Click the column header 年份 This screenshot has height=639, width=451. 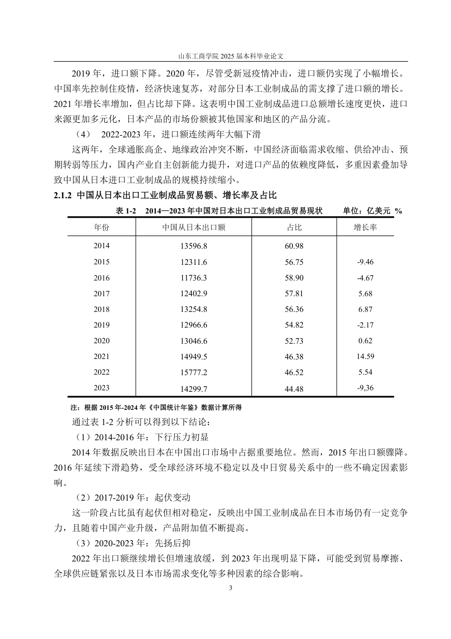click(101, 227)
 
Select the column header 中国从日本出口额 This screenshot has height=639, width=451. click(194, 227)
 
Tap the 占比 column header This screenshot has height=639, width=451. click(294, 227)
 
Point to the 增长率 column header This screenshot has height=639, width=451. click(365, 227)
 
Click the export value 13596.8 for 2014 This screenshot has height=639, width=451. click(194, 246)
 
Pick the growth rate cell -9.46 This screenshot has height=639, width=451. click(365, 262)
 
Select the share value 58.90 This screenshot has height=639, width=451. click(294, 278)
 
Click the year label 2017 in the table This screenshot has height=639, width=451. click(101, 294)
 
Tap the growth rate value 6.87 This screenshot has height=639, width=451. click(365, 309)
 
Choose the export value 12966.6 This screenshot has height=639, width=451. click(194, 325)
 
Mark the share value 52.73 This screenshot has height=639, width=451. click(294, 341)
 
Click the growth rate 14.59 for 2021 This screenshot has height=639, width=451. click(365, 356)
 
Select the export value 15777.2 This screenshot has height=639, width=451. click(194, 372)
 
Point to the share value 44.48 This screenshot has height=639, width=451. click(294, 389)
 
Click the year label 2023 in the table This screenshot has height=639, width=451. click(101, 388)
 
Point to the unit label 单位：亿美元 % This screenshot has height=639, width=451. click(372, 211)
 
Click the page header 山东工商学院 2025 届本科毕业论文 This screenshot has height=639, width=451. click(231, 56)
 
